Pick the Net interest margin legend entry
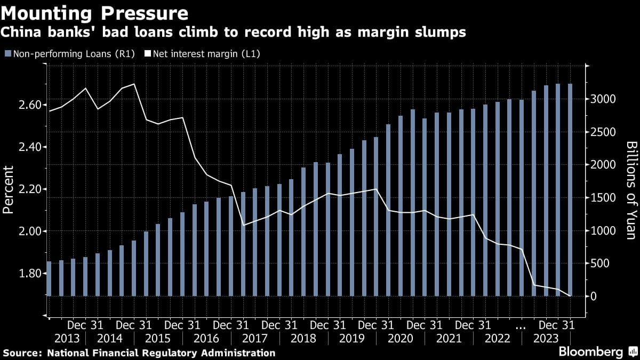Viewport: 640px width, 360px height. [x=206, y=53]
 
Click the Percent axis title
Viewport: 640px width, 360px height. [x=8, y=190]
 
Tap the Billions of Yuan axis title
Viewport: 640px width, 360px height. [x=631, y=190]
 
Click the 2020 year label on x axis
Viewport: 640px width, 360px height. [x=401, y=339]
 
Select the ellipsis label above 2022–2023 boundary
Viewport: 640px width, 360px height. [x=521, y=325]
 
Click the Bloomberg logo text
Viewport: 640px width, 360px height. [x=590, y=352]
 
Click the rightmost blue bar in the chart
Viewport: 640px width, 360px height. [x=570, y=190]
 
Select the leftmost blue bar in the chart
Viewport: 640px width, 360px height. [x=49, y=278]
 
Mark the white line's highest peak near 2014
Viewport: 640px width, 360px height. [x=134, y=84]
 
